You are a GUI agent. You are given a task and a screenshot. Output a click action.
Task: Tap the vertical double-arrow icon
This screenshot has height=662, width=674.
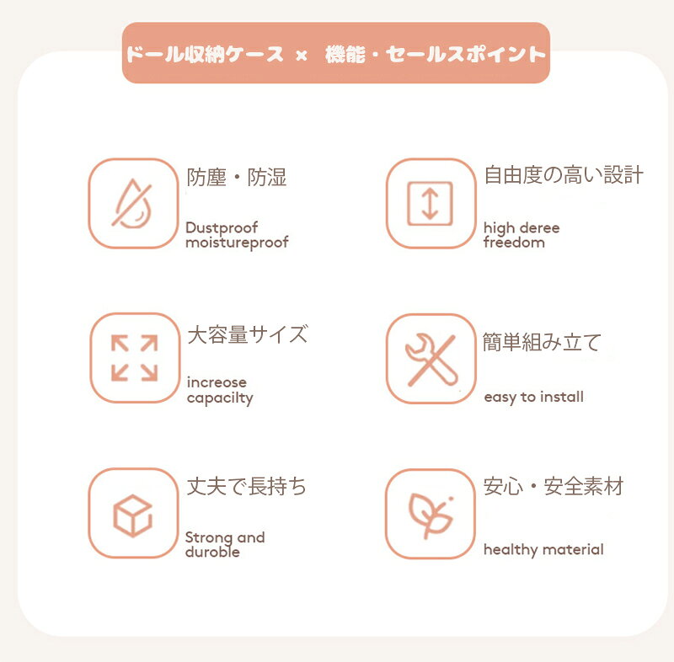pyautogui.click(x=430, y=204)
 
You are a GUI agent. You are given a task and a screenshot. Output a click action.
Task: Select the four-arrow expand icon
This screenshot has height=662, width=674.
pyautogui.click(x=135, y=358)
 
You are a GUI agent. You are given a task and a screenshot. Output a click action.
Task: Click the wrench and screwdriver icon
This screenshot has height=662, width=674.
pyautogui.click(x=431, y=359)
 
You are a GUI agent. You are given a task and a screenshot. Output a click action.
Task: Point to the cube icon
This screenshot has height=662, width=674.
pyautogui.click(x=133, y=515)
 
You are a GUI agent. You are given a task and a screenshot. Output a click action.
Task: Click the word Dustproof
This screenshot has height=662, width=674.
pyautogui.click(x=222, y=227)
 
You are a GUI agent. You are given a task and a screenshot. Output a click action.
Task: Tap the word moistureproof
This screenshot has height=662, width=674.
pyautogui.click(x=237, y=243)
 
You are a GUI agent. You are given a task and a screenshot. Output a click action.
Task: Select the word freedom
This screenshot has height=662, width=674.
pyautogui.click(x=514, y=243)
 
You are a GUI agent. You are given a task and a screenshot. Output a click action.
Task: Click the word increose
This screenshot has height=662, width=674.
pyautogui.click(x=217, y=382)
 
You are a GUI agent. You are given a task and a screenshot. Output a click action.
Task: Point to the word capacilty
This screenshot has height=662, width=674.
pyautogui.click(x=220, y=398)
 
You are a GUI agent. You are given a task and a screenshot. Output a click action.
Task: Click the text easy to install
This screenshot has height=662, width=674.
pyautogui.click(x=534, y=398)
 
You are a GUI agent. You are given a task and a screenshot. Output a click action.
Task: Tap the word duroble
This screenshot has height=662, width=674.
pyautogui.click(x=212, y=552)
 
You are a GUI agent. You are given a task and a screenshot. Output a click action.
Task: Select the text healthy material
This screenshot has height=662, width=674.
pyautogui.click(x=543, y=550)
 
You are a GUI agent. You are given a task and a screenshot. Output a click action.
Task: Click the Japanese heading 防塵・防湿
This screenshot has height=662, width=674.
pyautogui.click(x=237, y=178)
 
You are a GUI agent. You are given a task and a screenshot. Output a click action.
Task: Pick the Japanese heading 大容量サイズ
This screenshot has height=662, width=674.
pyautogui.click(x=248, y=334)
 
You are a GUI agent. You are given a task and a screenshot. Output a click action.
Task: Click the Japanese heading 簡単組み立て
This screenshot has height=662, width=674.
pyautogui.click(x=542, y=343)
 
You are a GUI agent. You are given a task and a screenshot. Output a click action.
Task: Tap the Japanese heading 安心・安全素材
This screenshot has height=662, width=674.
pyautogui.click(x=554, y=487)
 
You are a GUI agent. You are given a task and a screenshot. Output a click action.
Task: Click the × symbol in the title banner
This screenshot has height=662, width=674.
pyautogui.click(x=302, y=56)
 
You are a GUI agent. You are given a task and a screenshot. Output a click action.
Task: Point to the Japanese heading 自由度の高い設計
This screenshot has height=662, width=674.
pyautogui.click(x=564, y=175)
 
